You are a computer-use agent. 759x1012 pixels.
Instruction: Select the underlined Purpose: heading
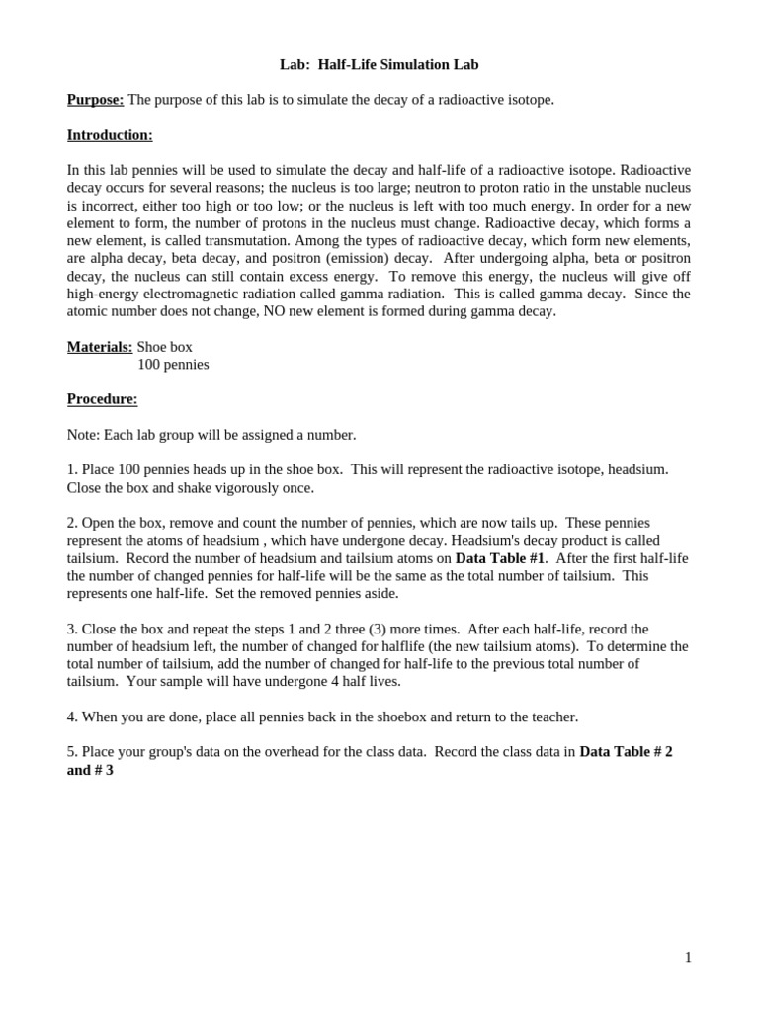pos(95,100)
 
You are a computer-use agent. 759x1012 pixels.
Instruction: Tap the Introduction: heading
pos(110,135)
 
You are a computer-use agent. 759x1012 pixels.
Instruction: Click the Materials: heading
pos(100,347)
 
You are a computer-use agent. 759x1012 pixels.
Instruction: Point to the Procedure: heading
pos(102,399)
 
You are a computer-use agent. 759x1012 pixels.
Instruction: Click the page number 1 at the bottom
pos(688,957)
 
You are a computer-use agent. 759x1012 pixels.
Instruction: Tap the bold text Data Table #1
pos(500,558)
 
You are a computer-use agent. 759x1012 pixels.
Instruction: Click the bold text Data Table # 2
pos(626,752)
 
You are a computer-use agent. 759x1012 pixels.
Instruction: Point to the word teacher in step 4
pos(551,717)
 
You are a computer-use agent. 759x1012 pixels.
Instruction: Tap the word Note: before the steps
pos(83,435)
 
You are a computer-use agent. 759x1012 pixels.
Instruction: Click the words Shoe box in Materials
pos(165,347)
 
